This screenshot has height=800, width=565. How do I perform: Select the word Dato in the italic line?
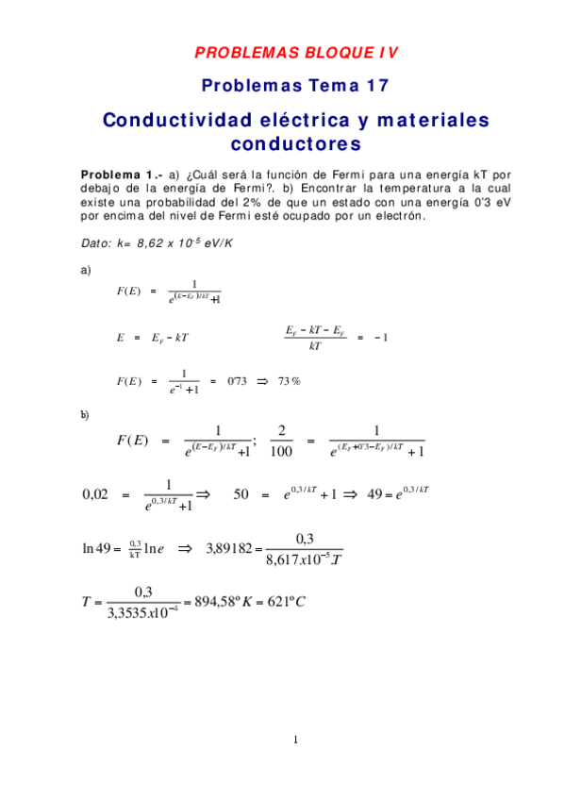coord(95,243)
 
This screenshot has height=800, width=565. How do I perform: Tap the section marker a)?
coord(86,270)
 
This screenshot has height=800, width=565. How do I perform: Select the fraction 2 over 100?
coord(281,440)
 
